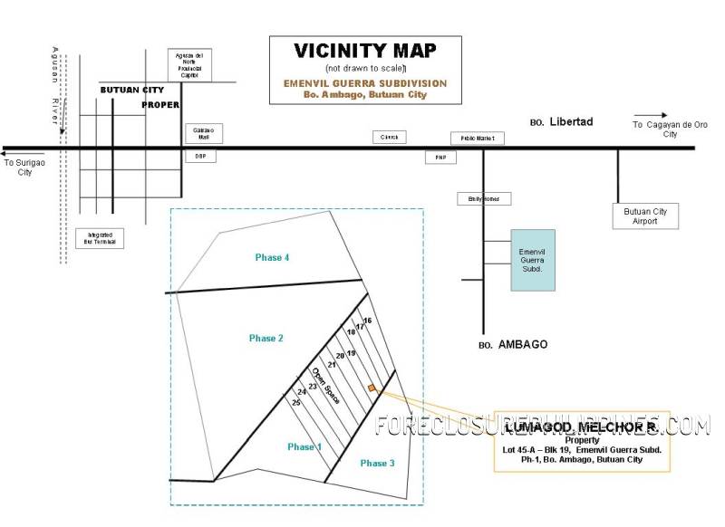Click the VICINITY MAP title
365,51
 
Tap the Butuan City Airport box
645,216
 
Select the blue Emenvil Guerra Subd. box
533,259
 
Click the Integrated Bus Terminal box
100,238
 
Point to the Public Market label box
478,139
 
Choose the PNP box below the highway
441,157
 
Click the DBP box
200,156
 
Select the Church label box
390,137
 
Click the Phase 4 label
272,258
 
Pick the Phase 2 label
266,338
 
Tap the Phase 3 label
377,464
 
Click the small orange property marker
372,388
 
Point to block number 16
367,321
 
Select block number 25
295,402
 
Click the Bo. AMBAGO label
512,345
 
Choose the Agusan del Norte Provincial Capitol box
193,65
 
